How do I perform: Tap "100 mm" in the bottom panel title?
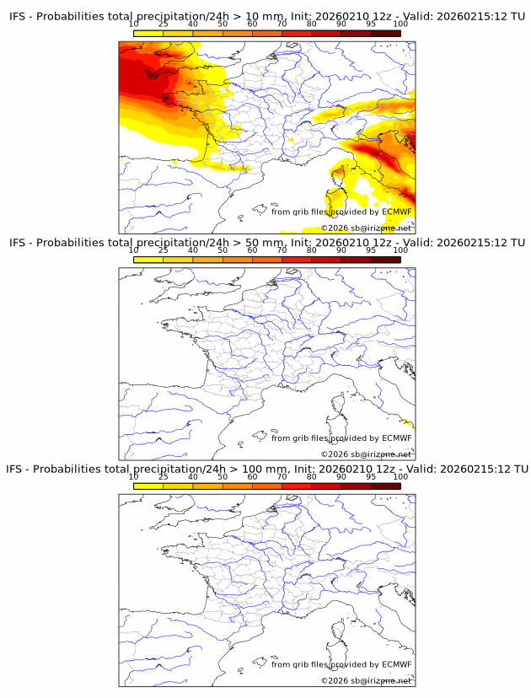point(265,469)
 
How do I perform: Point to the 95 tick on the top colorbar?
point(370,24)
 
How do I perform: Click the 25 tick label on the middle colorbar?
point(163,250)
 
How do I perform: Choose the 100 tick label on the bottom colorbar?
point(400,476)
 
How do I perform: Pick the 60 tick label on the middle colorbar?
point(252,250)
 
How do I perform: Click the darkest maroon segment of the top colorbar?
point(385,33)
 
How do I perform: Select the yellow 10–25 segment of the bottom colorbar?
point(148,486)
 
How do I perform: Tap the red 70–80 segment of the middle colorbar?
point(297,260)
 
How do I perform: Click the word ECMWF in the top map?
point(397,212)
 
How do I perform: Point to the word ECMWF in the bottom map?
point(397,664)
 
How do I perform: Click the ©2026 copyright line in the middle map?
point(366,454)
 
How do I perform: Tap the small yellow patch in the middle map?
point(410,423)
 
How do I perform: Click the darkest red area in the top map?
point(152,76)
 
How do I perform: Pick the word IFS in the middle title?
point(19,243)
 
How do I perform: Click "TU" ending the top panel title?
point(520,17)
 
